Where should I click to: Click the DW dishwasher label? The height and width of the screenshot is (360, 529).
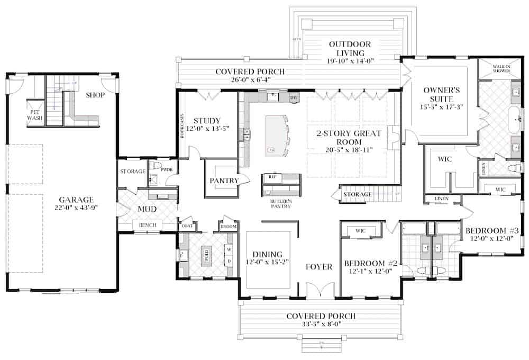click(294, 98)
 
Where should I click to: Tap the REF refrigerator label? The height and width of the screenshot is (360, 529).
click(272, 177)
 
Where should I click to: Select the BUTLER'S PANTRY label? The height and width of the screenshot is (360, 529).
click(281, 204)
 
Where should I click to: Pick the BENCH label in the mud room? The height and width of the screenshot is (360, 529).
click(147, 226)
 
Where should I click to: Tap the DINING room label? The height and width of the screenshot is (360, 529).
click(268, 254)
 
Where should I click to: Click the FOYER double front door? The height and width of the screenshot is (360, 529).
click(320, 291)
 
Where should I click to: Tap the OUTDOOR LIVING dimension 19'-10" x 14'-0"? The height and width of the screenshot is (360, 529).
click(350, 61)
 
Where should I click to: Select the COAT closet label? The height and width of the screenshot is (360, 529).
click(187, 227)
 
